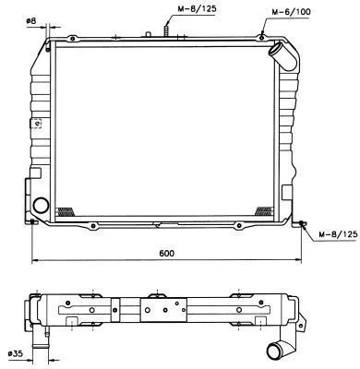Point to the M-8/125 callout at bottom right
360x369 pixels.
coord(334,235)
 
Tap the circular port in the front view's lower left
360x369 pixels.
coord(42,205)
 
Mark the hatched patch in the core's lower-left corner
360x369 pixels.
coord(65,210)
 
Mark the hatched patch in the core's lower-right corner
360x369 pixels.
coord(265,210)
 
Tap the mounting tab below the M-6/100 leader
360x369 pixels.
coord(265,38)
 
